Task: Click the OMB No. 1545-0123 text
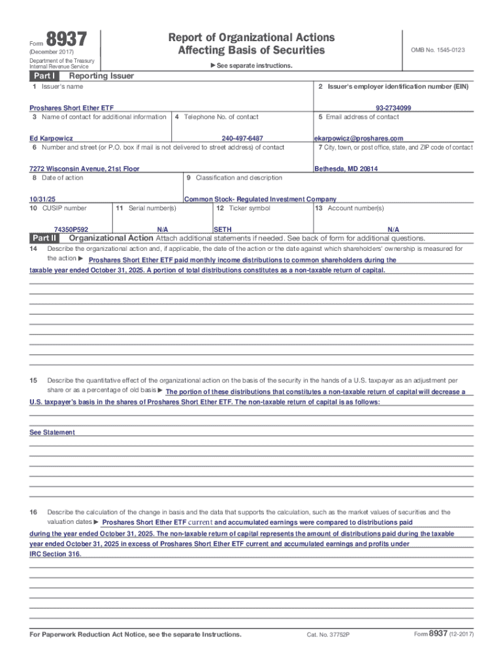pos(438,50)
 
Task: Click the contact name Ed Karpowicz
pos(51,139)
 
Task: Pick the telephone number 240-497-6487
pos(242,139)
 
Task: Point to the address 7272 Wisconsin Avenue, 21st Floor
pos(84,169)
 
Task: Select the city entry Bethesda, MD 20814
pos(346,169)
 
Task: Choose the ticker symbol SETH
pos(223,230)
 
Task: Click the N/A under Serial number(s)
pos(163,230)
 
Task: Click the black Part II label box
pos(45,238)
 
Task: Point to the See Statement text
pos(52,432)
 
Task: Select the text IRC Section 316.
pos(56,553)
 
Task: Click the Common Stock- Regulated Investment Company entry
pos(261,199)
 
